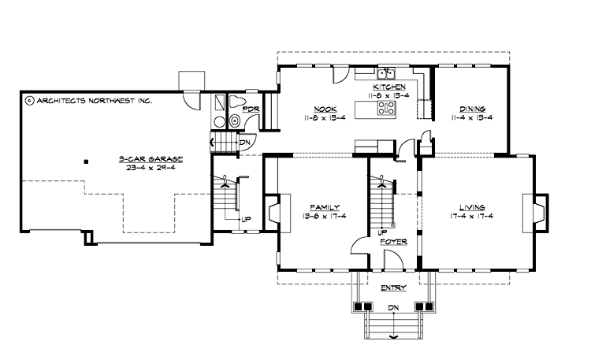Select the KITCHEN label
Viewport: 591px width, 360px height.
[x=389, y=87]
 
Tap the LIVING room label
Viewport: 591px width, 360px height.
[x=473, y=206]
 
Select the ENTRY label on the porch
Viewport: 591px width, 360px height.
[x=392, y=288]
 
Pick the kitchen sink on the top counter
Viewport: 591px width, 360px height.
[x=386, y=74]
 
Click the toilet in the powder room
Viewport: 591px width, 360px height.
[x=235, y=102]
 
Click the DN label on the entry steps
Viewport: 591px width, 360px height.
[x=392, y=308]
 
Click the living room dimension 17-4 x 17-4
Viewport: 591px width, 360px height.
[x=473, y=216]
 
